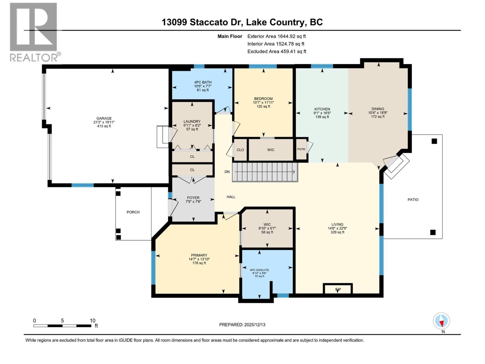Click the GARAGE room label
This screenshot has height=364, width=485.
click(104, 118)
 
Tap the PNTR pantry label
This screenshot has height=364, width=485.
click(301, 149)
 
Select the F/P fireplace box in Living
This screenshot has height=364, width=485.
click(338, 289)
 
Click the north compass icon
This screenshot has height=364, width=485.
click(441, 321)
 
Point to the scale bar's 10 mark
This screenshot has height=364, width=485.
click(92, 321)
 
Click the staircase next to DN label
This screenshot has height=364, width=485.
click(265, 172)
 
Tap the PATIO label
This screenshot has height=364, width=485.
click(413, 200)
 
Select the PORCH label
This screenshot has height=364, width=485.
click(133, 212)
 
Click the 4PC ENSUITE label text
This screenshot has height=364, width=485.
click(259, 270)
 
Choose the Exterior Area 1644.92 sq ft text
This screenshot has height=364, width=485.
click(276, 36)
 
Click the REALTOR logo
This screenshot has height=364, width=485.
click(34, 32)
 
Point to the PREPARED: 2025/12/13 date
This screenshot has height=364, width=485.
click(242, 325)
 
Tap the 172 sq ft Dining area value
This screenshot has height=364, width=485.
click(378, 116)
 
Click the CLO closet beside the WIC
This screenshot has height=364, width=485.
click(240, 150)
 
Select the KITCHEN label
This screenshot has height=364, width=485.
click(322, 109)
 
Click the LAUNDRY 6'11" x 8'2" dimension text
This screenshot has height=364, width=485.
click(192, 125)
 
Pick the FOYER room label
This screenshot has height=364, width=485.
click(193, 198)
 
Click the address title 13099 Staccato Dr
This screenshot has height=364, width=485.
click(202, 22)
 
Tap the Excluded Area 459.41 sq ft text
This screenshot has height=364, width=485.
click(276, 51)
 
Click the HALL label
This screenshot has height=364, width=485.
click(231, 197)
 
